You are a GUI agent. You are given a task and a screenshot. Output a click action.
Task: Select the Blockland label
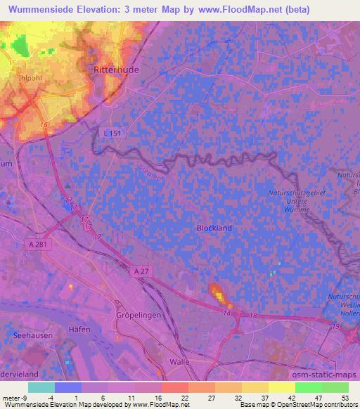tap(214, 228)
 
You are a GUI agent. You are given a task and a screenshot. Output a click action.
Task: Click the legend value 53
tap(344, 398)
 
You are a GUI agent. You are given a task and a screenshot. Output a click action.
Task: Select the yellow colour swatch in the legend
tap(281, 387)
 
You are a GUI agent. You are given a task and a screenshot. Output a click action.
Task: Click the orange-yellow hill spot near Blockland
tap(217, 292)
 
